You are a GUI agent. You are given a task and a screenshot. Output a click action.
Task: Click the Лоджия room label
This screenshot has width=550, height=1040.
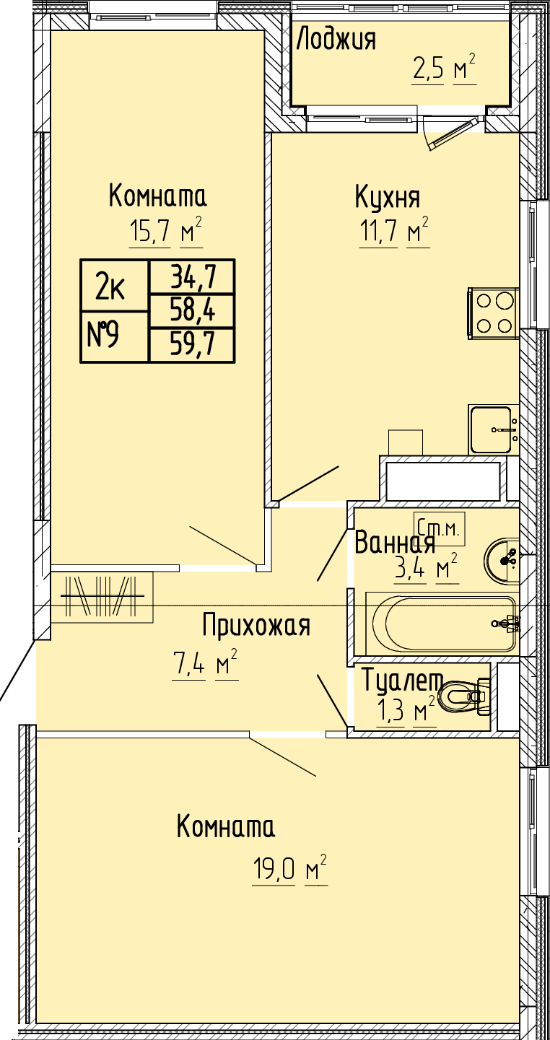336,40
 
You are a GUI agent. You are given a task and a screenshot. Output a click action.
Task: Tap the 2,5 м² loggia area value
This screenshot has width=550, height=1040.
444,70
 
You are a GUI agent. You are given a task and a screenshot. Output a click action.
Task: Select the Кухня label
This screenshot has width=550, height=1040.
388,198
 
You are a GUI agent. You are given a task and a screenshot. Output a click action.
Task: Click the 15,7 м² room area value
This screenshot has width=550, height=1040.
166,231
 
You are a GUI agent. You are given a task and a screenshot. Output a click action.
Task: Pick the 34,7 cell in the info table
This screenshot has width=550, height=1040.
192,276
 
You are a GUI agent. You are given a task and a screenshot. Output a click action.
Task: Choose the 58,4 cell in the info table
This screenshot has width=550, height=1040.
192,310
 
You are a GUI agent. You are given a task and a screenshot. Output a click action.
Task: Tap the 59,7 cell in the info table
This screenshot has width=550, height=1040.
192,344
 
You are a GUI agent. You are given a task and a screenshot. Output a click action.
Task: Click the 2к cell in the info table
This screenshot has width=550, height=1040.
114,285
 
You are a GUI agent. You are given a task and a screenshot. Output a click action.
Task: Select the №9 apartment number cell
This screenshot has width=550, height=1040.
114,336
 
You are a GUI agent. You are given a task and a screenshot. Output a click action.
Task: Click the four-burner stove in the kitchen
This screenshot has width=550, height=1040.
493,310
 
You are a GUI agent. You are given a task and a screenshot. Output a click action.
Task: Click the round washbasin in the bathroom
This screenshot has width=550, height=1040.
502,560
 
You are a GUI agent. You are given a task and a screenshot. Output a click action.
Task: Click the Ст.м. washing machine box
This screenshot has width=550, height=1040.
439,529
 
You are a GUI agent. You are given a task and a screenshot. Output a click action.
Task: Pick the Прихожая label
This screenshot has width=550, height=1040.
256,626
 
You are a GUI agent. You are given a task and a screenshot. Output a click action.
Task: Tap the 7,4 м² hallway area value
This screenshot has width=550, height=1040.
205,665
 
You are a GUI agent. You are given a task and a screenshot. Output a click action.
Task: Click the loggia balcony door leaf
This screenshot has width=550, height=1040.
453,134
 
